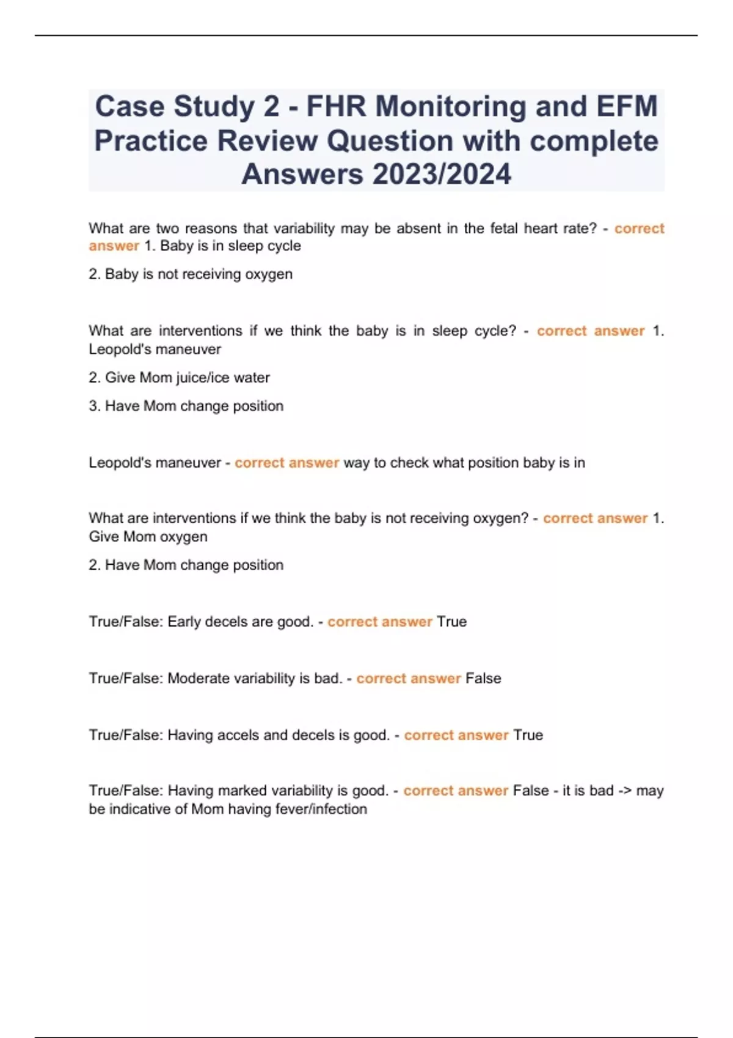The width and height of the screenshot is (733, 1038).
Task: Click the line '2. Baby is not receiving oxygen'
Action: tap(191, 274)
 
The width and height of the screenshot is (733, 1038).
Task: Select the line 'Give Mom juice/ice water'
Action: tap(187, 378)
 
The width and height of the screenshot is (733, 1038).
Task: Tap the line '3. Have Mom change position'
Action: tap(186, 406)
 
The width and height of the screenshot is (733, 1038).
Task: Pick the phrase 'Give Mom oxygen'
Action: tap(148, 537)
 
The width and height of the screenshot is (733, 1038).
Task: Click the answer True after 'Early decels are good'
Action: tap(452, 622)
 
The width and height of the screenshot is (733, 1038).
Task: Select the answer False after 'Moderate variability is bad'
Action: tap(483, 678)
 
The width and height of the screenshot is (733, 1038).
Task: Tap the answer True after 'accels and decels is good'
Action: tap(528, 735)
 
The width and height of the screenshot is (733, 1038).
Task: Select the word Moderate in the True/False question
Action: tap(195, 678)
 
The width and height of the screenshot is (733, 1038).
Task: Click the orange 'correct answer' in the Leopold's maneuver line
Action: tap(286, 463)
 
